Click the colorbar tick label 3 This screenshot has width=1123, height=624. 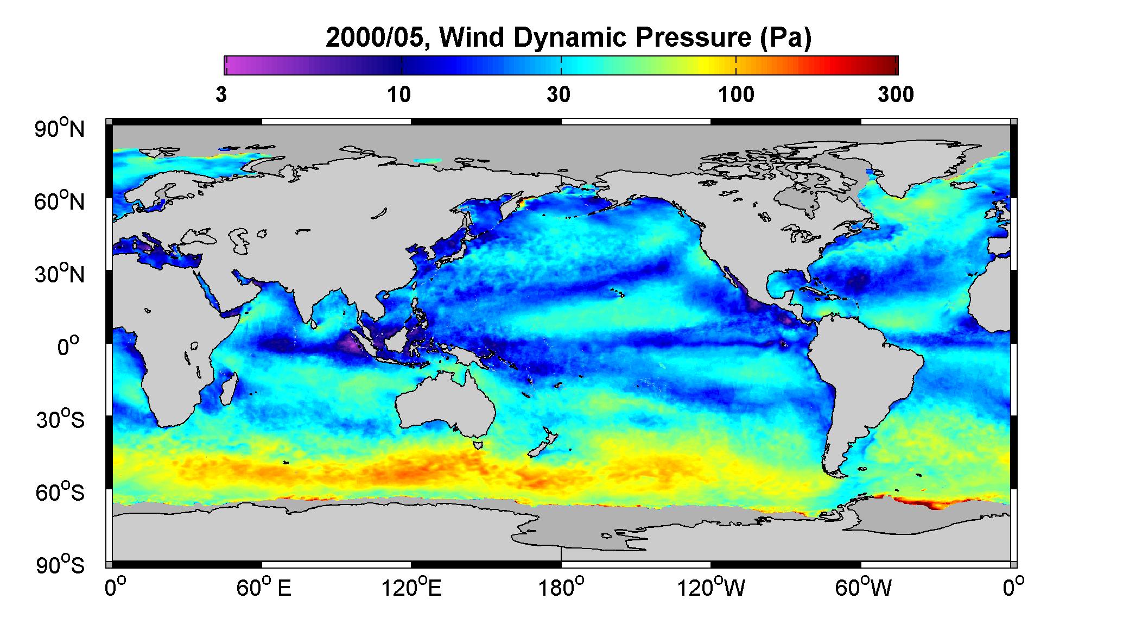(x=221, y=96)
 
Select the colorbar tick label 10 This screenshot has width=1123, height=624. (x=399, y=96)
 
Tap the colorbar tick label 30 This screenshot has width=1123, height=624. (x=559, y=96)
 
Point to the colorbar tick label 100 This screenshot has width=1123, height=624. (x=736, y=96)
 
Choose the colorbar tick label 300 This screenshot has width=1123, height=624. (x=896, y=96)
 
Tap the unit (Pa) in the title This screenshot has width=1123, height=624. (x=785, y=38)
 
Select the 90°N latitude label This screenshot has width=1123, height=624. (x=60, y=129)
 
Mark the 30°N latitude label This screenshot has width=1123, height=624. (x=60, y=274)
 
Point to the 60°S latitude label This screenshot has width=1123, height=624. (x=60, y=492)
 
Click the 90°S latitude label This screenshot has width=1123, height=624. (x=60, y=565)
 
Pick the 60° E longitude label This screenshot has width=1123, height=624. (x=264, y=588)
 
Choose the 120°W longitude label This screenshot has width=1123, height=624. (x=712, y=588)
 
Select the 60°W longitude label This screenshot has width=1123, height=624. (x=862, y=588)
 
